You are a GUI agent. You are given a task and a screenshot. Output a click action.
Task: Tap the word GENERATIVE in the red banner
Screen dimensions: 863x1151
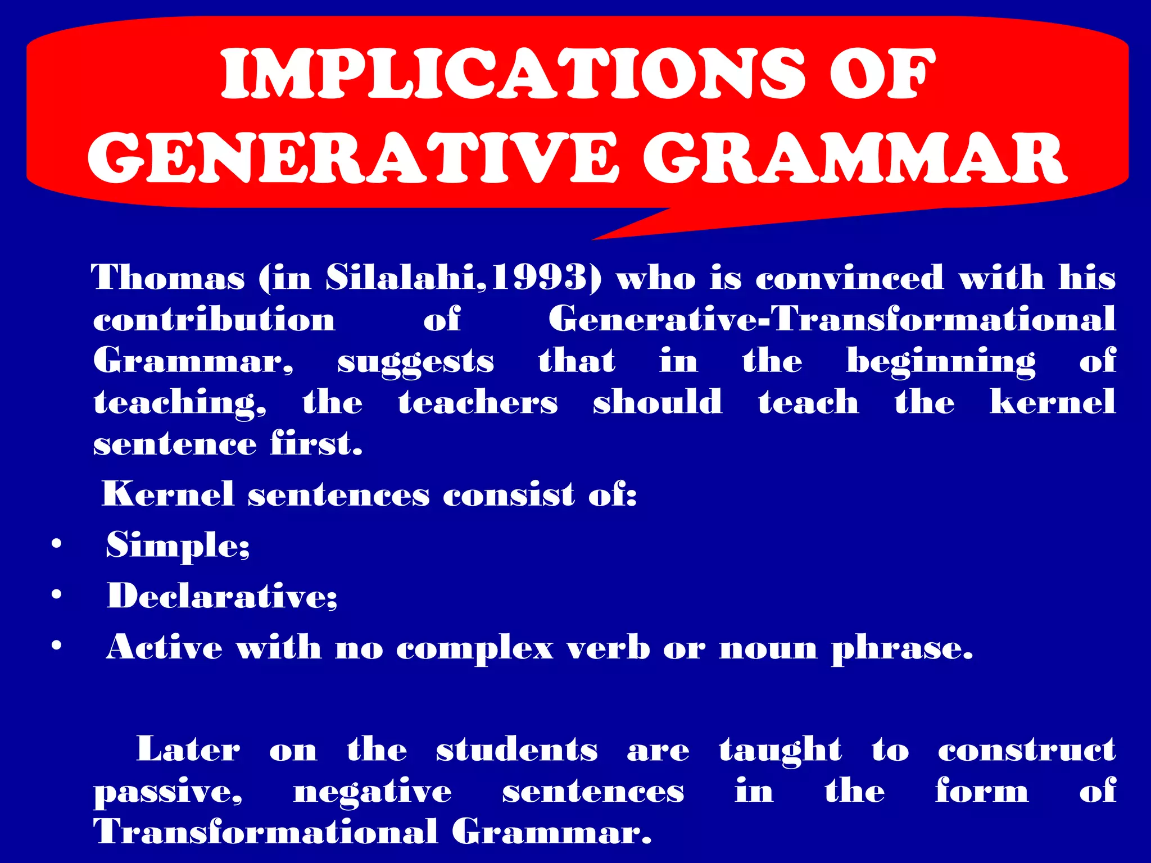click(352, 158)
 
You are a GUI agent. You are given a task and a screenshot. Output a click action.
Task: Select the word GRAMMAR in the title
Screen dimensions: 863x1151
click(855, 158)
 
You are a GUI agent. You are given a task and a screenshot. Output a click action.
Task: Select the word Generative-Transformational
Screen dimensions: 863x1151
click(832, 319)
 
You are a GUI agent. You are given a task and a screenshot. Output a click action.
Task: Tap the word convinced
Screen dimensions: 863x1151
click(849, 278)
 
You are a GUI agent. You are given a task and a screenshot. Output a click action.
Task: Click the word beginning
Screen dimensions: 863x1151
click(941, 361)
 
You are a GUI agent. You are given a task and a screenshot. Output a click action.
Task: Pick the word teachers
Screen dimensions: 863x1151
click(478, 402)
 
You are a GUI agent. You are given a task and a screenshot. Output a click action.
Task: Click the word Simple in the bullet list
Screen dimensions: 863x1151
click(176, 545)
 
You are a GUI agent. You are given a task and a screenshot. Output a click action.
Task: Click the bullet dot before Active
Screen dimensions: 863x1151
click(56, 646)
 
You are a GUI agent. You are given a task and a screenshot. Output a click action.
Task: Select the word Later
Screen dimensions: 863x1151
click(188, 750)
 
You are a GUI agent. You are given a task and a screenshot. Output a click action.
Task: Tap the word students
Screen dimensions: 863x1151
click(516, 750)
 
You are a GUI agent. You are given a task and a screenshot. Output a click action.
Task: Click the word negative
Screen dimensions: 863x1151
click(372, 792)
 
